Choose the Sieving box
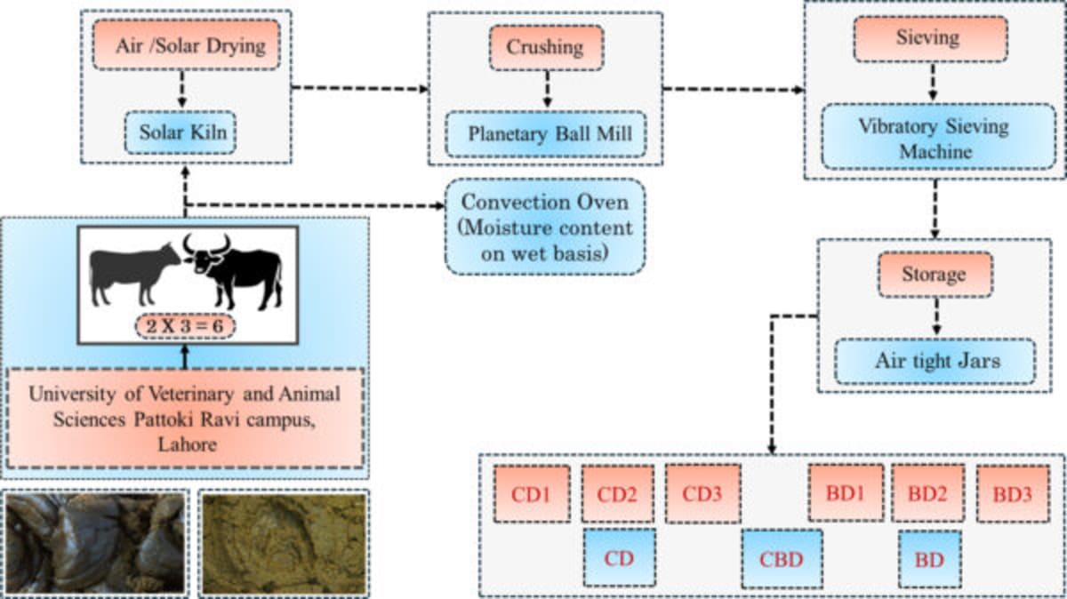click(930, 38)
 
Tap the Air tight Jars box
click(934, 361)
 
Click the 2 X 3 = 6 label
click(185, 326)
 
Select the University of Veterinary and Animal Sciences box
click(185, 418)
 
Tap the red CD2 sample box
click(617, 494)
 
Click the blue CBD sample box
click(782, 559)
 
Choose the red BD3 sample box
click(1012, 494)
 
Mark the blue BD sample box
click(929, 560)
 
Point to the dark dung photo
click(96, 544)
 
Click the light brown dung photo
click(283, 544)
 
